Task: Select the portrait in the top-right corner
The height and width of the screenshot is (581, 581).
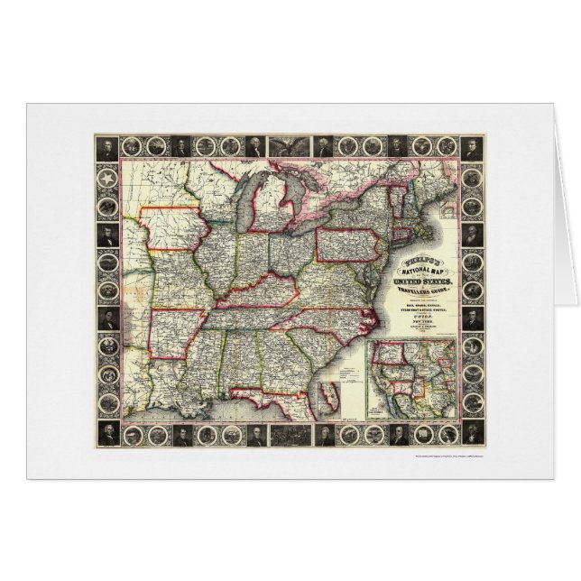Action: click(x=471, y=149)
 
